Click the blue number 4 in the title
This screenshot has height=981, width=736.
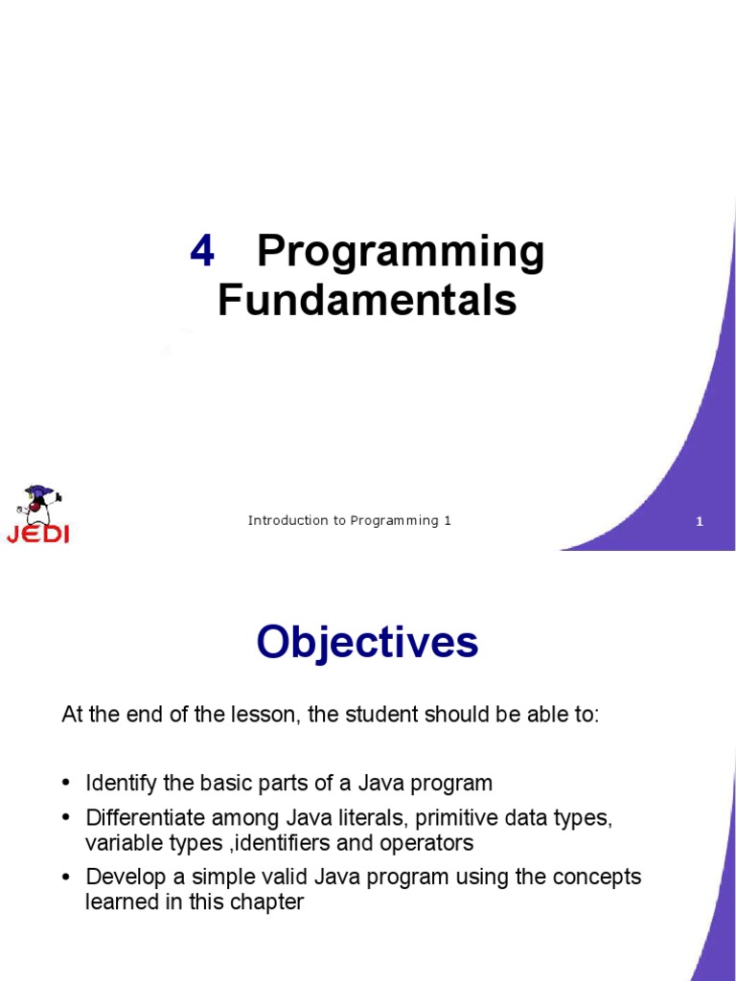click(202, 252)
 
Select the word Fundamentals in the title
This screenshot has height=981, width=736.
click(367, 300)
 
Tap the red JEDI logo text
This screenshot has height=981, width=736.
click(38, 534)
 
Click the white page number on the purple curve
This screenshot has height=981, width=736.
click(700, 522)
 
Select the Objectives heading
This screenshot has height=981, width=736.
click(367, 642)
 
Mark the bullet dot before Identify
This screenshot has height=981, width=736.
click(66, 784)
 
